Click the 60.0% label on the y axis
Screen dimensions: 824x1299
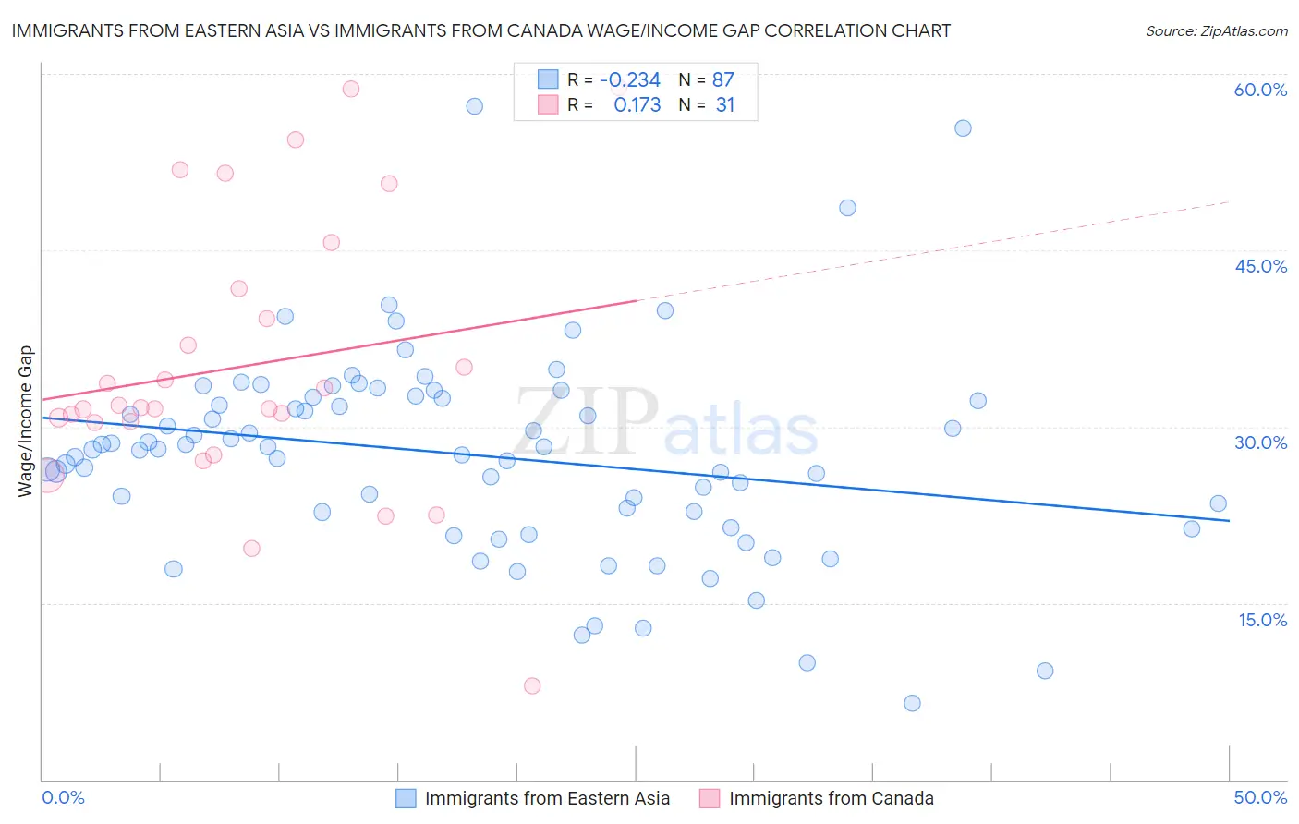click(1260, 91)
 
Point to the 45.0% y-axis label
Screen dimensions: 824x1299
click(1260, 266)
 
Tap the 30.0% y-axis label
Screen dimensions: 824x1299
click(1260, 442)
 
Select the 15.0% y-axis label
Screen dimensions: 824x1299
click(1262, 620)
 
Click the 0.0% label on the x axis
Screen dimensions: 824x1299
click(63, 797)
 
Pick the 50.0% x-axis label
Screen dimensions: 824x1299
click(1260, 797)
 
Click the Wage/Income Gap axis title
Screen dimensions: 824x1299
click(26, 421)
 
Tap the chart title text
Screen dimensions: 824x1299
click(480, 30)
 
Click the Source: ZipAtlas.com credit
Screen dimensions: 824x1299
click(1216, 31)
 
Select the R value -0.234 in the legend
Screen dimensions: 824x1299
click(630, 80)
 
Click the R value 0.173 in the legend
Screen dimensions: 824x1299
click(637, 105)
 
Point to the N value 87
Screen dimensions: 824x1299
click(722, 80)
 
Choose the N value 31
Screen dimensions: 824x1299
click(724, 105)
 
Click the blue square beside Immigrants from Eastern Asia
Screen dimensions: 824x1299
click(406, 798)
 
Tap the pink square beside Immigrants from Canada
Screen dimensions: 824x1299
click(710, 798)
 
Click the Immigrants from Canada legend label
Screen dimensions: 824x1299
click(831, 798)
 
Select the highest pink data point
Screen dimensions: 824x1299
click(351, 90)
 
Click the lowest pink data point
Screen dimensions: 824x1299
click(532, 685)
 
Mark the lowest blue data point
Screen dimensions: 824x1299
click(912, 703)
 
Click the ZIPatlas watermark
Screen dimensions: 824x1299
click(665, 423)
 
